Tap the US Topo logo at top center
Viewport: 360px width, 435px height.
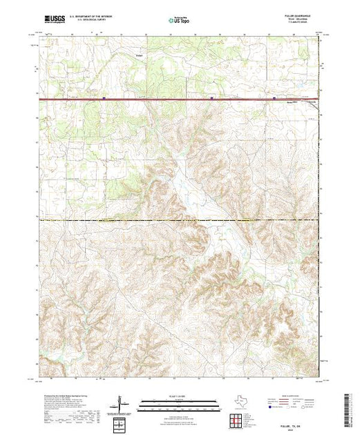pyautogui.click(x=180, y=21)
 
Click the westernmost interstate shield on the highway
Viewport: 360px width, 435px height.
pyautogui.click(x=103, y=98)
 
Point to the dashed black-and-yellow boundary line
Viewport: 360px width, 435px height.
pyautogui.click(x=138, y=220)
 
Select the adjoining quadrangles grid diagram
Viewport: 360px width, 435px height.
pyautogui.click(x=236, y=418)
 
